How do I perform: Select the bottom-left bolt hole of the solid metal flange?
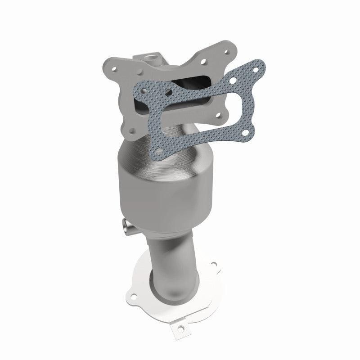132,131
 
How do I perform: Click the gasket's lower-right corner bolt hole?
246,132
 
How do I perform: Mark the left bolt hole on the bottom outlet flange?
134,296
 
